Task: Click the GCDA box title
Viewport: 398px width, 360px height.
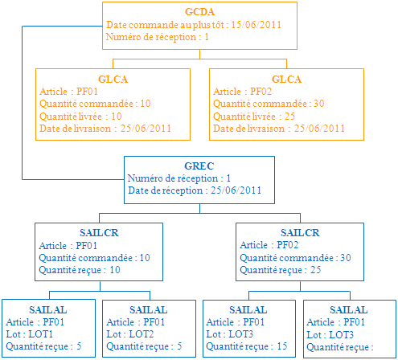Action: pos(199,12)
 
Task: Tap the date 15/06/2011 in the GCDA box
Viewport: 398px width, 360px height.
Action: pos(256,25)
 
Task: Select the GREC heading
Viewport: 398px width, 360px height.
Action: pos(199,166)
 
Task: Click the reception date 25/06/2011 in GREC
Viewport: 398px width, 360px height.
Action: pos(236,190)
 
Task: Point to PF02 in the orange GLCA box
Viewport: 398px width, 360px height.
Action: pos(261,92)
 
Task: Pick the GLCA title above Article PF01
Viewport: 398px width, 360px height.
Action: pos(113,80)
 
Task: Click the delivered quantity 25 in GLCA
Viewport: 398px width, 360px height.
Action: pos(289,117)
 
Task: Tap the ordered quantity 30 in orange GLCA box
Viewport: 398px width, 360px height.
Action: pos(318,104)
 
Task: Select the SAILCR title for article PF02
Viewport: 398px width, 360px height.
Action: pos(300,233)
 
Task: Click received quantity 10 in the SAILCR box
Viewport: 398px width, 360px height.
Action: pos(115,270)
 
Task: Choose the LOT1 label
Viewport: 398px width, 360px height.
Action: pos(40,334)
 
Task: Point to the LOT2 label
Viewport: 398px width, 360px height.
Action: pos(142,334)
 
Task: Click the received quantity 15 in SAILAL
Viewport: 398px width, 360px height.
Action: pos(282,346)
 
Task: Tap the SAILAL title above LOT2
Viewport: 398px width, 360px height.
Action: pos(149,310)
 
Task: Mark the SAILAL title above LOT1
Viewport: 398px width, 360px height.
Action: pos(48,310)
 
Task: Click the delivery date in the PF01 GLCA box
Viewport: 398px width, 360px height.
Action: pos(146,129)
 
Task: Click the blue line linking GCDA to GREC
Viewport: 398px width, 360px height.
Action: pos(23,103)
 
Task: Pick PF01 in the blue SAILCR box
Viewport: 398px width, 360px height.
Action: pos(86,246)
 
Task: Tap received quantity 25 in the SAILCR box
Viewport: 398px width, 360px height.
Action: pos(316,270)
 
